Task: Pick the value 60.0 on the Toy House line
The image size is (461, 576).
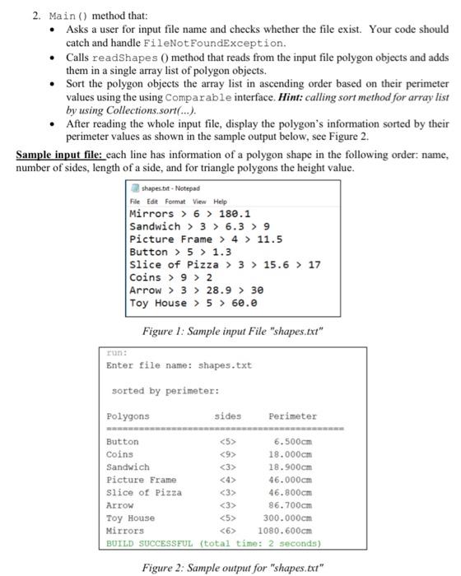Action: click(229, 303)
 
